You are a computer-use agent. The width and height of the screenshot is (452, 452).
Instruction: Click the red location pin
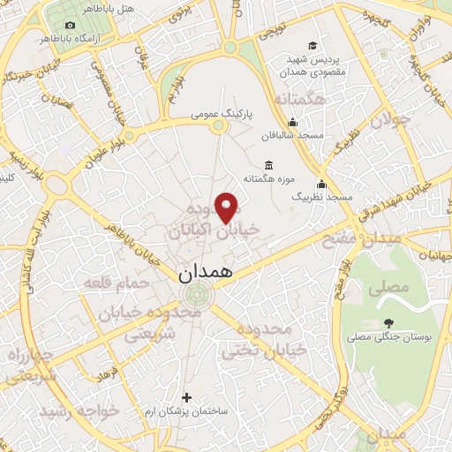(227, 207)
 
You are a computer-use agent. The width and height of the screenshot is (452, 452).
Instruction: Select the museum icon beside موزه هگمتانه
(268, 165)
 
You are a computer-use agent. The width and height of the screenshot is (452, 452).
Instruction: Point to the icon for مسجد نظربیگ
(321, 185)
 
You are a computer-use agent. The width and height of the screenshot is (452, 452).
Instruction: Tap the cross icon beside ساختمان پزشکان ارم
(185, 397)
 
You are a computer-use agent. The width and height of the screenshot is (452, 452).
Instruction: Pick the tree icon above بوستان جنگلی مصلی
(388, 323)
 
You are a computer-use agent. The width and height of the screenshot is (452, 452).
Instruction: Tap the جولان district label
(392, 119)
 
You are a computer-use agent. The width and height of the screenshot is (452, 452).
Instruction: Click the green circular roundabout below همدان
(199, 295)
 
